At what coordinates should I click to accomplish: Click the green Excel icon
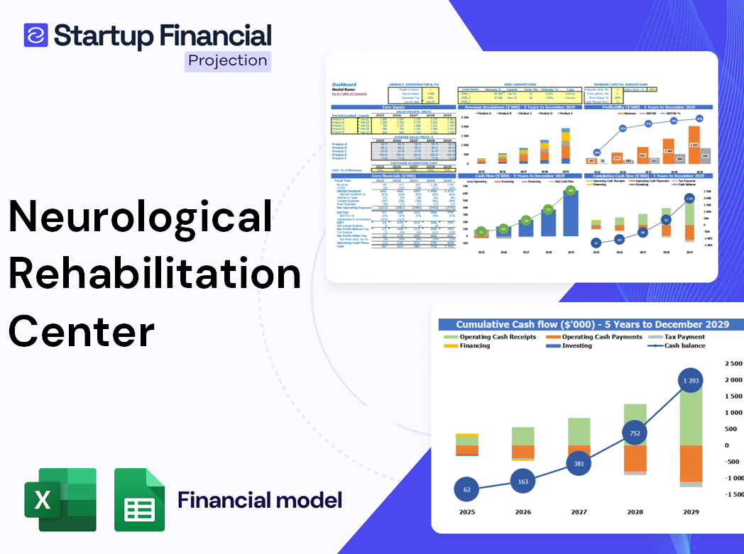tap(60, 499)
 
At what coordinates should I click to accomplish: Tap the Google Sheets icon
tap(140, 499)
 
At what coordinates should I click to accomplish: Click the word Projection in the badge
tap(228, 61)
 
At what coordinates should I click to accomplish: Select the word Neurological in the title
tap(141, 217)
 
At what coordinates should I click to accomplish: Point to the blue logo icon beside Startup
tap(35, 35)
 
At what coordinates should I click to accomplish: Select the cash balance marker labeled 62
tap(466, 489)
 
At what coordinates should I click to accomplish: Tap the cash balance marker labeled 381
tap(578, 463)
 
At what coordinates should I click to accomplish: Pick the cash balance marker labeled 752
tap(634, 433)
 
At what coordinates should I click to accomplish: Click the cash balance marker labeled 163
tap(522, 482)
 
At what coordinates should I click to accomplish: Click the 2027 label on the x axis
tap(578, 511)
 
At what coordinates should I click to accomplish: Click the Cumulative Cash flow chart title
tap(593, 324)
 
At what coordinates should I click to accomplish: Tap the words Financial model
tap(260, 500)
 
